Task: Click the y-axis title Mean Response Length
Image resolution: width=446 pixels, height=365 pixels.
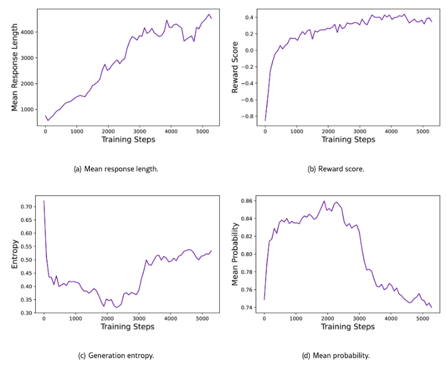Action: coord(14,67)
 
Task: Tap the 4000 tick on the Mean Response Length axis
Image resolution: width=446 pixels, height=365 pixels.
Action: coord(28,32)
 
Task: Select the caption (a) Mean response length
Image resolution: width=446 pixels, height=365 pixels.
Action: coord(116,169)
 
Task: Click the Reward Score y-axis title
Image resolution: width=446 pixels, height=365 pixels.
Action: coord(235,67)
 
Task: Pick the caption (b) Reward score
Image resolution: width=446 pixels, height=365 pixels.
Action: coord(336,169)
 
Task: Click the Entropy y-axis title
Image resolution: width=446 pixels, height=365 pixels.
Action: coord(14,254)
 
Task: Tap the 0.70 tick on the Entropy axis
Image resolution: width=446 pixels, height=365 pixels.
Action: coord(27,207)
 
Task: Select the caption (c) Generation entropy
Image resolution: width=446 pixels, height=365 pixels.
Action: coord(116,356)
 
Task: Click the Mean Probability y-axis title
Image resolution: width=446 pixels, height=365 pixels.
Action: coord(235,254)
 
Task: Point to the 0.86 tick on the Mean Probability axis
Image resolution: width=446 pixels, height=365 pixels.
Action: coord(247,201)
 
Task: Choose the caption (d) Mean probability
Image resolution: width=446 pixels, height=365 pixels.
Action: coord(336,356)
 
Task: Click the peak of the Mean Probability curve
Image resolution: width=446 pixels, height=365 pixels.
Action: coord(324,201)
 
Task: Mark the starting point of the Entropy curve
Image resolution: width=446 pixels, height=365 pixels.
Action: coord(44,201)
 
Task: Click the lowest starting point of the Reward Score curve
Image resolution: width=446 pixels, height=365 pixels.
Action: coord(265,121)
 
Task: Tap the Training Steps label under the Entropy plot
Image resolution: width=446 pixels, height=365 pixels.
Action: coord(128,327)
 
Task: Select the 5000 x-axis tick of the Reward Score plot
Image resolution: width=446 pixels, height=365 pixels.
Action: coord(422,131)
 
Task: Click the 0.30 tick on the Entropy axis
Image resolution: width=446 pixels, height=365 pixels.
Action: coord(27,313)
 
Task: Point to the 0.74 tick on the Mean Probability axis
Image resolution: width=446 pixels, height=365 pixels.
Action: coord(247,307)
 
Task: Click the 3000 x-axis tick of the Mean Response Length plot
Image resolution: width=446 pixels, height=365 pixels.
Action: coord(139,131)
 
